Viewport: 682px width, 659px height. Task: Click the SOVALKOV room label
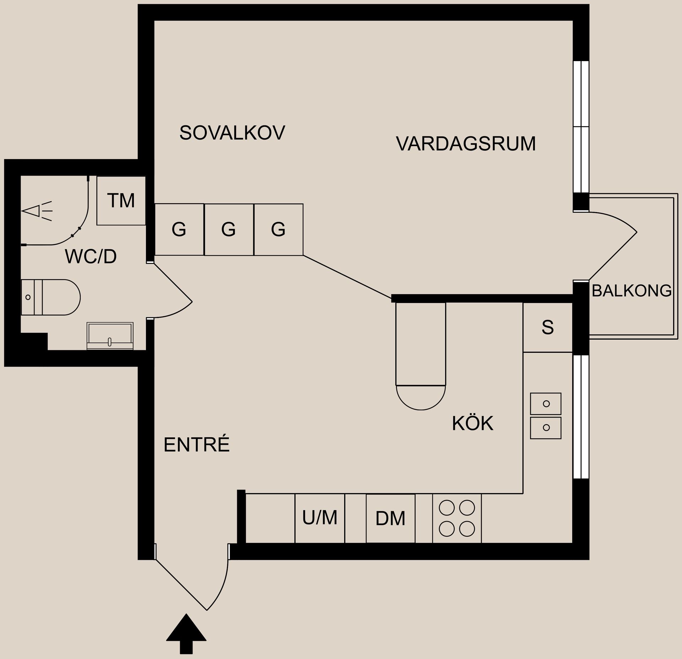coord(232,133)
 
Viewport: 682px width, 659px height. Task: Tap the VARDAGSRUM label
coord(465,144)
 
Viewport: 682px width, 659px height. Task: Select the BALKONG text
coord(632,291)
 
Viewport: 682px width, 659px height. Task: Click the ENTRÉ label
coord(196,444)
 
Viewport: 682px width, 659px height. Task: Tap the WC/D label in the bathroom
coord(91,256)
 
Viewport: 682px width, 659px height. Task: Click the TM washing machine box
coord(121,201)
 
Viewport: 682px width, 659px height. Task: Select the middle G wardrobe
coord(228,229)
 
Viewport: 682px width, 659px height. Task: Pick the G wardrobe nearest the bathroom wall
coord(179,229)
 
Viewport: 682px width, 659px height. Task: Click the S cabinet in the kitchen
coord(547,327)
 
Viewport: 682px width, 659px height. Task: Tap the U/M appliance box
coord(320,518)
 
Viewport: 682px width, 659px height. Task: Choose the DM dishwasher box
coord(390,519)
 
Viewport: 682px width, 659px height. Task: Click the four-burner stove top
coord(457,518)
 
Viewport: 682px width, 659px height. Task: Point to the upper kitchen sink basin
coord(546,404)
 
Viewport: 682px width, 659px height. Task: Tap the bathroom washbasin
coord(110,336)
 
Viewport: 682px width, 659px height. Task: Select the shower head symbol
coord(36,211)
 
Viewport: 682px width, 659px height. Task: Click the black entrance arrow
coord(186,638)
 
